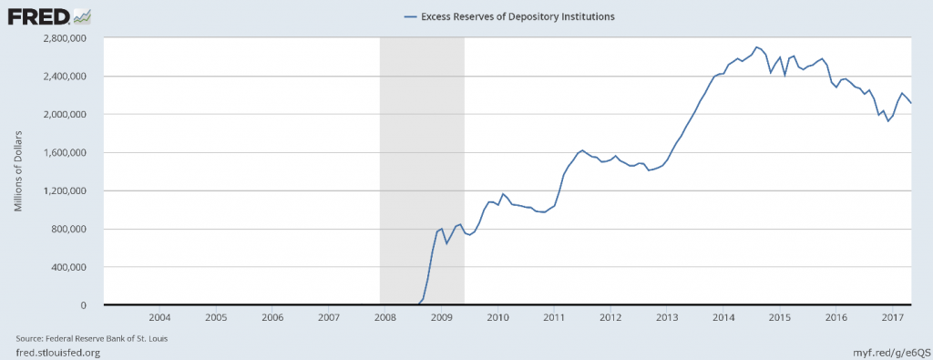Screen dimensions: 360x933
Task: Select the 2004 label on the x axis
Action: point(159,318)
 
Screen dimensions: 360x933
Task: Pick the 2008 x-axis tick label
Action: point(384,318)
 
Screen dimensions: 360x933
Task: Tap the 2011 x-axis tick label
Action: point(554,318)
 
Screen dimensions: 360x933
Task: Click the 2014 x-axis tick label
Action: point(723,318)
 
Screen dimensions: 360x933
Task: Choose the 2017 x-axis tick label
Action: point(892,318)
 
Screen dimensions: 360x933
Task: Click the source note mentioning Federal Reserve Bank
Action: point(90,338)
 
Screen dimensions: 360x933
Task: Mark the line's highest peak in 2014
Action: point(757,46)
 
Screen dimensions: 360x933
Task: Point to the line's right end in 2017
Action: point(911,102)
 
